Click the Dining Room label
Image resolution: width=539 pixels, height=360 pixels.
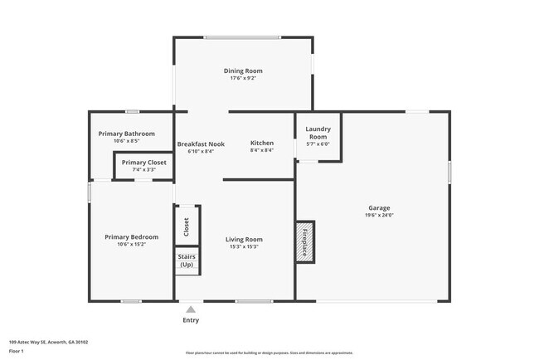[x=243, y=71]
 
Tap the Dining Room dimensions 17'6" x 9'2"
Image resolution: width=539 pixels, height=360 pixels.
[x=243, y=79]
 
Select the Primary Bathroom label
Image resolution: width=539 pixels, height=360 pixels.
[x=126, y=134]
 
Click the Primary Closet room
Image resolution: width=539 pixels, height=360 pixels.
[x=143, y=165]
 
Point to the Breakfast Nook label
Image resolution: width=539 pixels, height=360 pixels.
[x=201, y=144]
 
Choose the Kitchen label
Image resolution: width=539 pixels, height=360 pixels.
[x=261, y=144]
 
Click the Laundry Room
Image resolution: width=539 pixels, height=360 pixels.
[x=318, y=136]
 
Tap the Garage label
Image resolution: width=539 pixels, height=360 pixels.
[x=379, y=207]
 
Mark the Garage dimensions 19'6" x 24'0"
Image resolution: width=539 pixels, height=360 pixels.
[x=379, y=215]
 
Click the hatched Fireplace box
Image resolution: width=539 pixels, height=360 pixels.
[x=304, y=242]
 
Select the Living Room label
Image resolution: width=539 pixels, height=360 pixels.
[x=244, y=240]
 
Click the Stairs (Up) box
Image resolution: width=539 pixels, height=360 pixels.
[x=187, y=261]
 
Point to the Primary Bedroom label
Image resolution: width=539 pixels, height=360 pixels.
[x=131, y=237]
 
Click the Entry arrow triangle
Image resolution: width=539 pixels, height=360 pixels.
[x=191, y=309]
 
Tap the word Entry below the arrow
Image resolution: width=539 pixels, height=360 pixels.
[x=191, y=320]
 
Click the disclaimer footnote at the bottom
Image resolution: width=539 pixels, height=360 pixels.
[x=269, y=353]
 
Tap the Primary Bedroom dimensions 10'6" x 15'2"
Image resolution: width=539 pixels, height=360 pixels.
[x=131, y=245]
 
